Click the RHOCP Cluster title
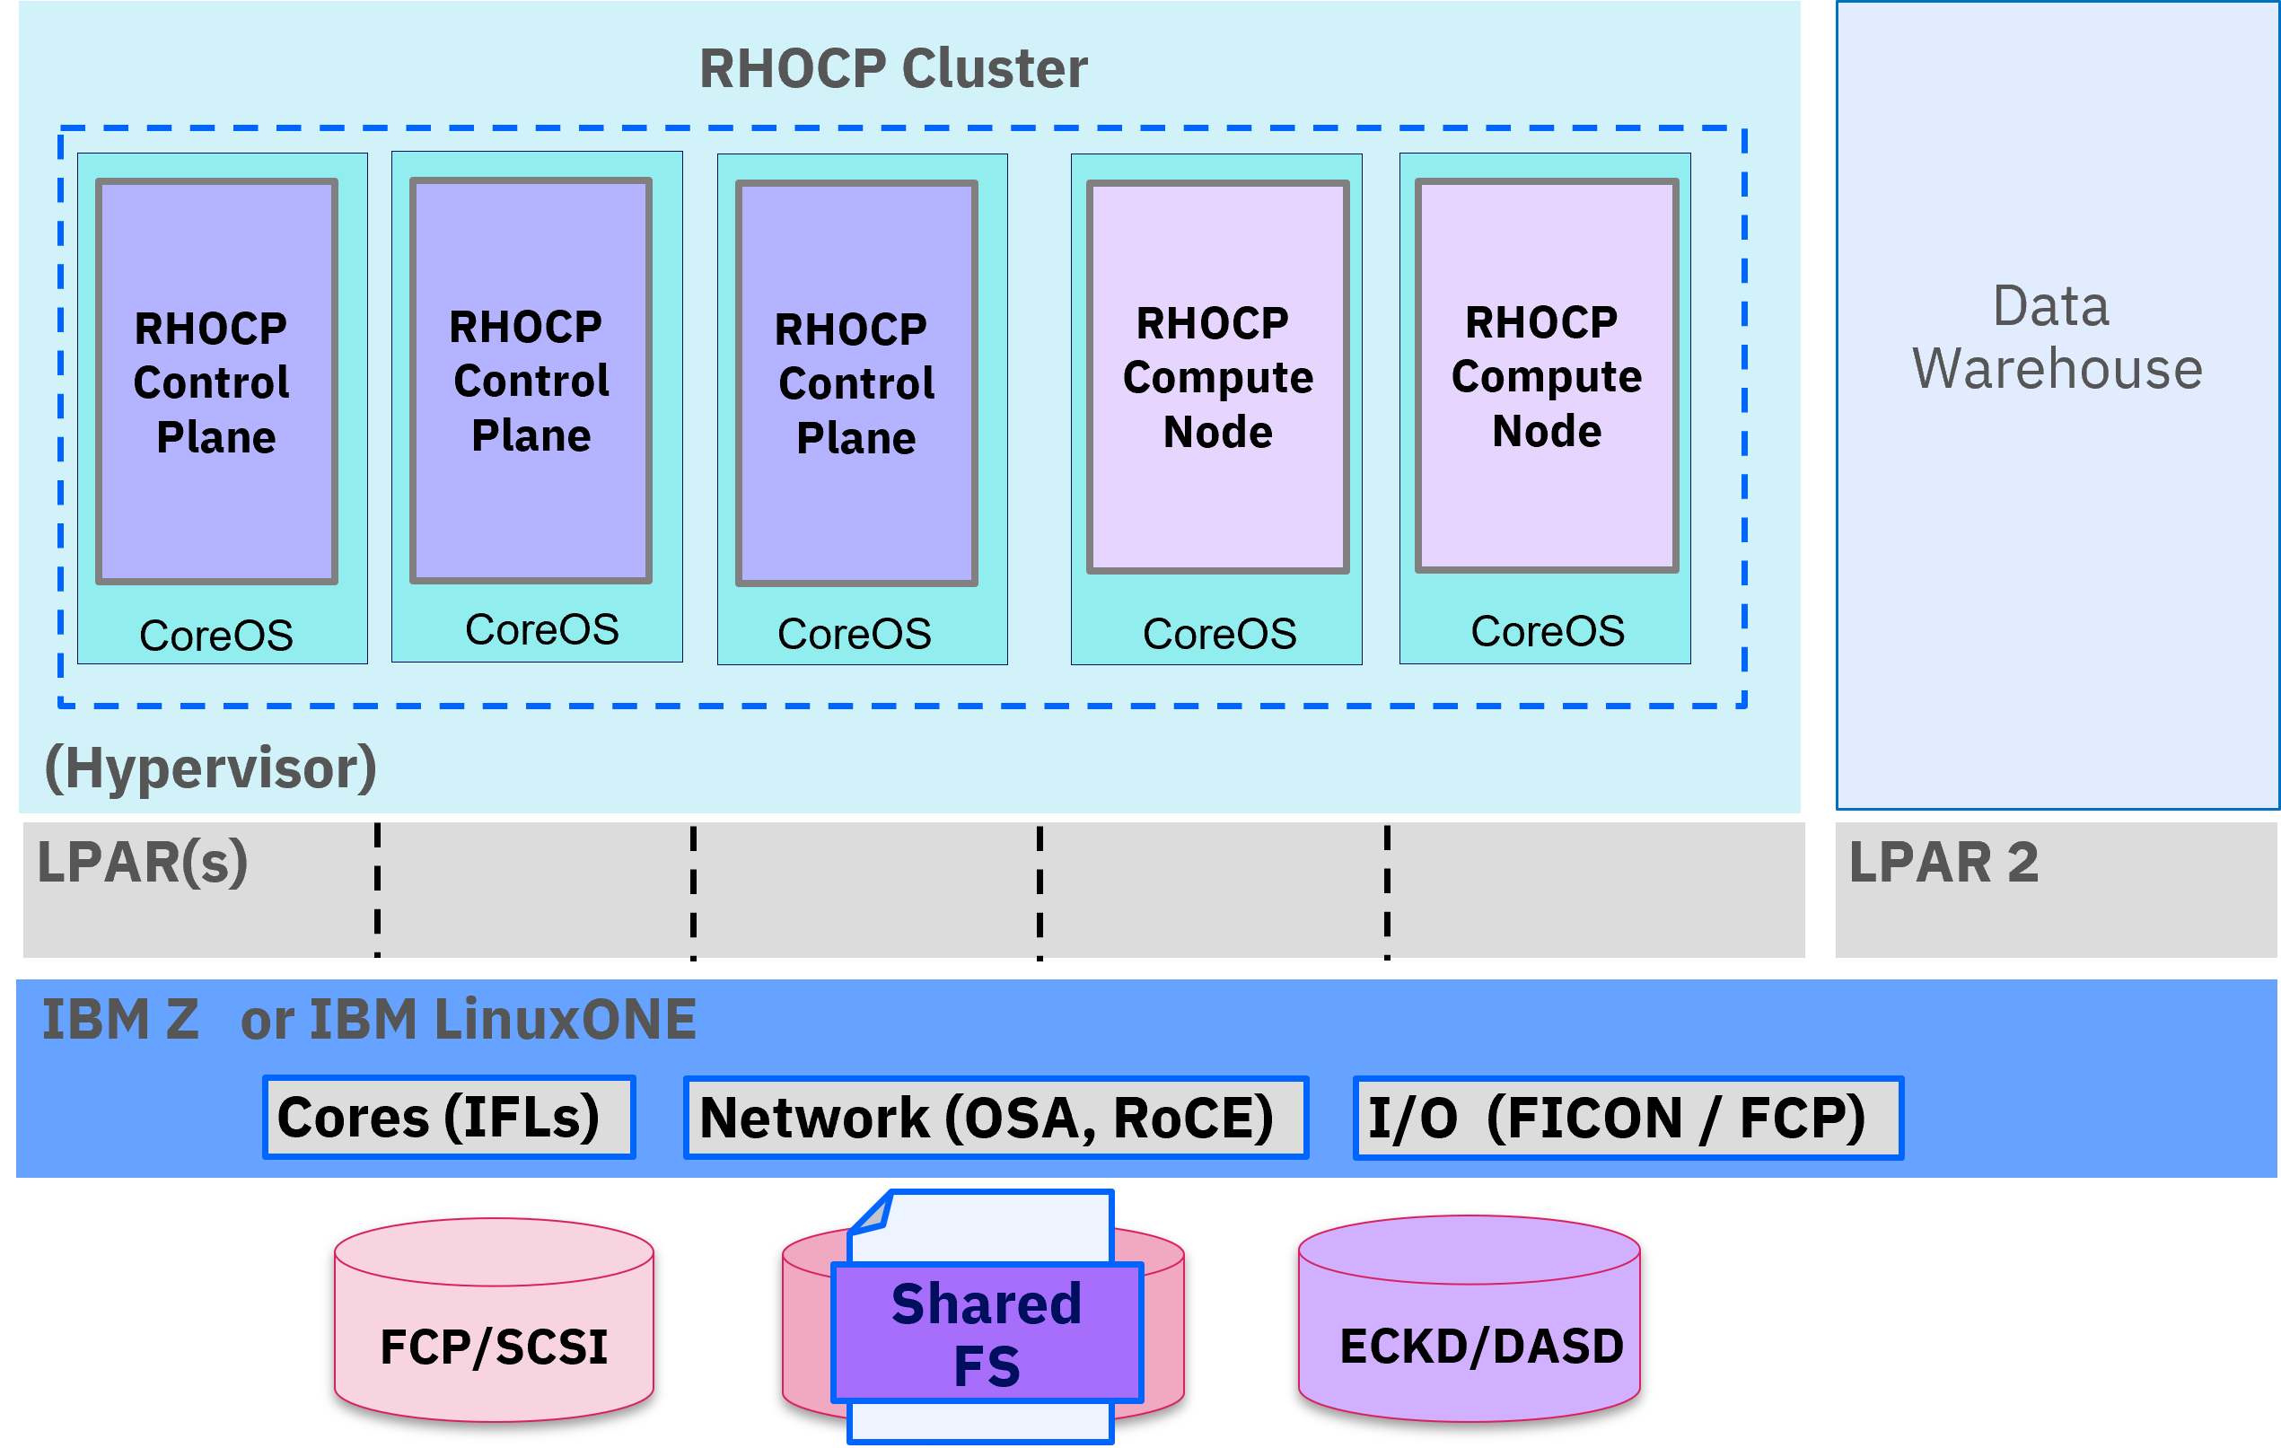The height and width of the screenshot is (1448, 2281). coord(893,68)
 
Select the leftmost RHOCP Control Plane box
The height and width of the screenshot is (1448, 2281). coord(217,381)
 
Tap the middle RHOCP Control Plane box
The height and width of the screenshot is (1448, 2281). coord(531,380)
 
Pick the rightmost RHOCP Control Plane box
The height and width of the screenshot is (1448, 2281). coord(856,382)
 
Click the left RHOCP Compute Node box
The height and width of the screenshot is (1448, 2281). coord(1218,376)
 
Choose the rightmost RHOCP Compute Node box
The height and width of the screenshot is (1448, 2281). coord(1547,375)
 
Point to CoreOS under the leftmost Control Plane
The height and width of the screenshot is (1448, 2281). coord(216,636)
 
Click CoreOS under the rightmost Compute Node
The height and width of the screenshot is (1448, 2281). coord(1548,632)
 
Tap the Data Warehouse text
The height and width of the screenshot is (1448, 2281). coord(2057,338)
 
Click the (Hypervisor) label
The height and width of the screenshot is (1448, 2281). coord(210,768)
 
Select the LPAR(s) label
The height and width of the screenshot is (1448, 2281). coord(142,863)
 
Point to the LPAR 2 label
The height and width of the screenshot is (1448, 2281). coord(1943,862)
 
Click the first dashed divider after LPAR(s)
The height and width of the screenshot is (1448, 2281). coord(377,891)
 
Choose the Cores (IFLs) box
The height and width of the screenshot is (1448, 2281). coord(449,1118)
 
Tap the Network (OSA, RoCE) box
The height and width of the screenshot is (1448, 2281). coord(996,1118)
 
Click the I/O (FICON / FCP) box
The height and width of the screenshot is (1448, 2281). coord(1628,1118)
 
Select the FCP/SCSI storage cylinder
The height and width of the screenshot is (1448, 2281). coord(494,1320)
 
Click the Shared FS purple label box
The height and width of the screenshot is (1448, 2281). coord(987,1333)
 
